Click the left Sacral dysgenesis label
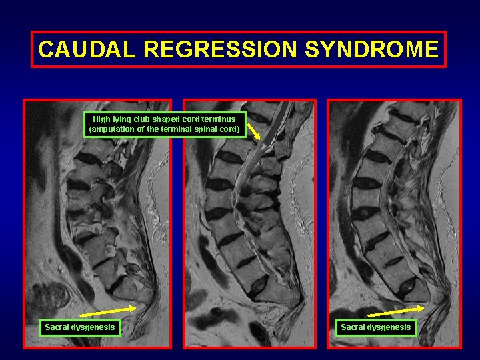pos(80,327)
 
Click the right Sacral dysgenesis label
pos(376,327)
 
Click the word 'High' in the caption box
pos(102,119)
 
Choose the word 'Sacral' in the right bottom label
pos(353,327)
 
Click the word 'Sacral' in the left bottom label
pos(57,327)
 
